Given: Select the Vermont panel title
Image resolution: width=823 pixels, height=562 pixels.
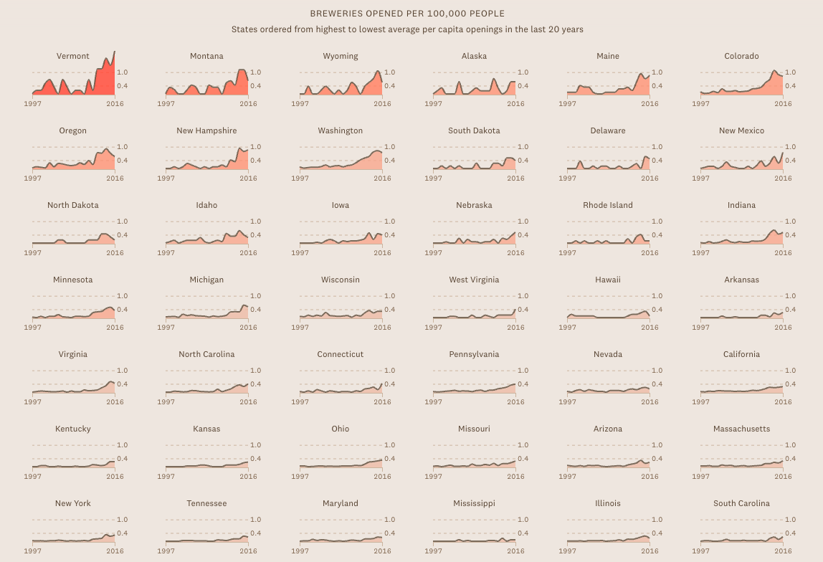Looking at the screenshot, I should click(73, 56).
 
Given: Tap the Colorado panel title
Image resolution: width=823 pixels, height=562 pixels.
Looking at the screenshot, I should click(741, 56).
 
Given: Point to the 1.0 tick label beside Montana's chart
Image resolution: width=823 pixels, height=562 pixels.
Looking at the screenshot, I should click(256, 72).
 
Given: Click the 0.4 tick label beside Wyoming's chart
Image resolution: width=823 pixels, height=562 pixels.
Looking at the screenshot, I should click(389, 86).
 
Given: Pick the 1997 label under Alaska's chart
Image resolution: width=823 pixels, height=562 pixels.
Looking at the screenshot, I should click(433, 103).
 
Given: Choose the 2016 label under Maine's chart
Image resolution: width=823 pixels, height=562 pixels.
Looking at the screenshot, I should click(650, 103).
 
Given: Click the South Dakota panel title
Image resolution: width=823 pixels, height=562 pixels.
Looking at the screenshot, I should click(474, 130).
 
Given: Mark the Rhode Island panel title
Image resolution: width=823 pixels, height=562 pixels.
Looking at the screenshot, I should click(608, 205).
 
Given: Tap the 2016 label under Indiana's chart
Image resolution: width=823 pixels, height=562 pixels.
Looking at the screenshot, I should click(783, 252).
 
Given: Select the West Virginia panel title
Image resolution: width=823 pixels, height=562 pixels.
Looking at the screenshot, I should click(474, 280).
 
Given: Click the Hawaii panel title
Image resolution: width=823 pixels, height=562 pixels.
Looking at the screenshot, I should click(608, 280).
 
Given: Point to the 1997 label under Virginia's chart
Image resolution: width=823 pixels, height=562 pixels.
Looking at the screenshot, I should click(32, 401).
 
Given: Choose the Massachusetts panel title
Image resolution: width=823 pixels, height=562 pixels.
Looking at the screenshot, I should click(741, 429).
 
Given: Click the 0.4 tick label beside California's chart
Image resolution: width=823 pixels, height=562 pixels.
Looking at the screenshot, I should click(791, 384).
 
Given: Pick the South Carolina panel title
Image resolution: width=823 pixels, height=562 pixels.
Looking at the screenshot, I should click(741, 503).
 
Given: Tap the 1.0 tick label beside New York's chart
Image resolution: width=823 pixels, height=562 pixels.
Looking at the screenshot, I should click(123, 520).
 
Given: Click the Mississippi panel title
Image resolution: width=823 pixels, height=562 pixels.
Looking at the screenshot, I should click(474, 503).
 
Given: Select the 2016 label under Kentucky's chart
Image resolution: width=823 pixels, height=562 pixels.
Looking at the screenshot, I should click(115, 476).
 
